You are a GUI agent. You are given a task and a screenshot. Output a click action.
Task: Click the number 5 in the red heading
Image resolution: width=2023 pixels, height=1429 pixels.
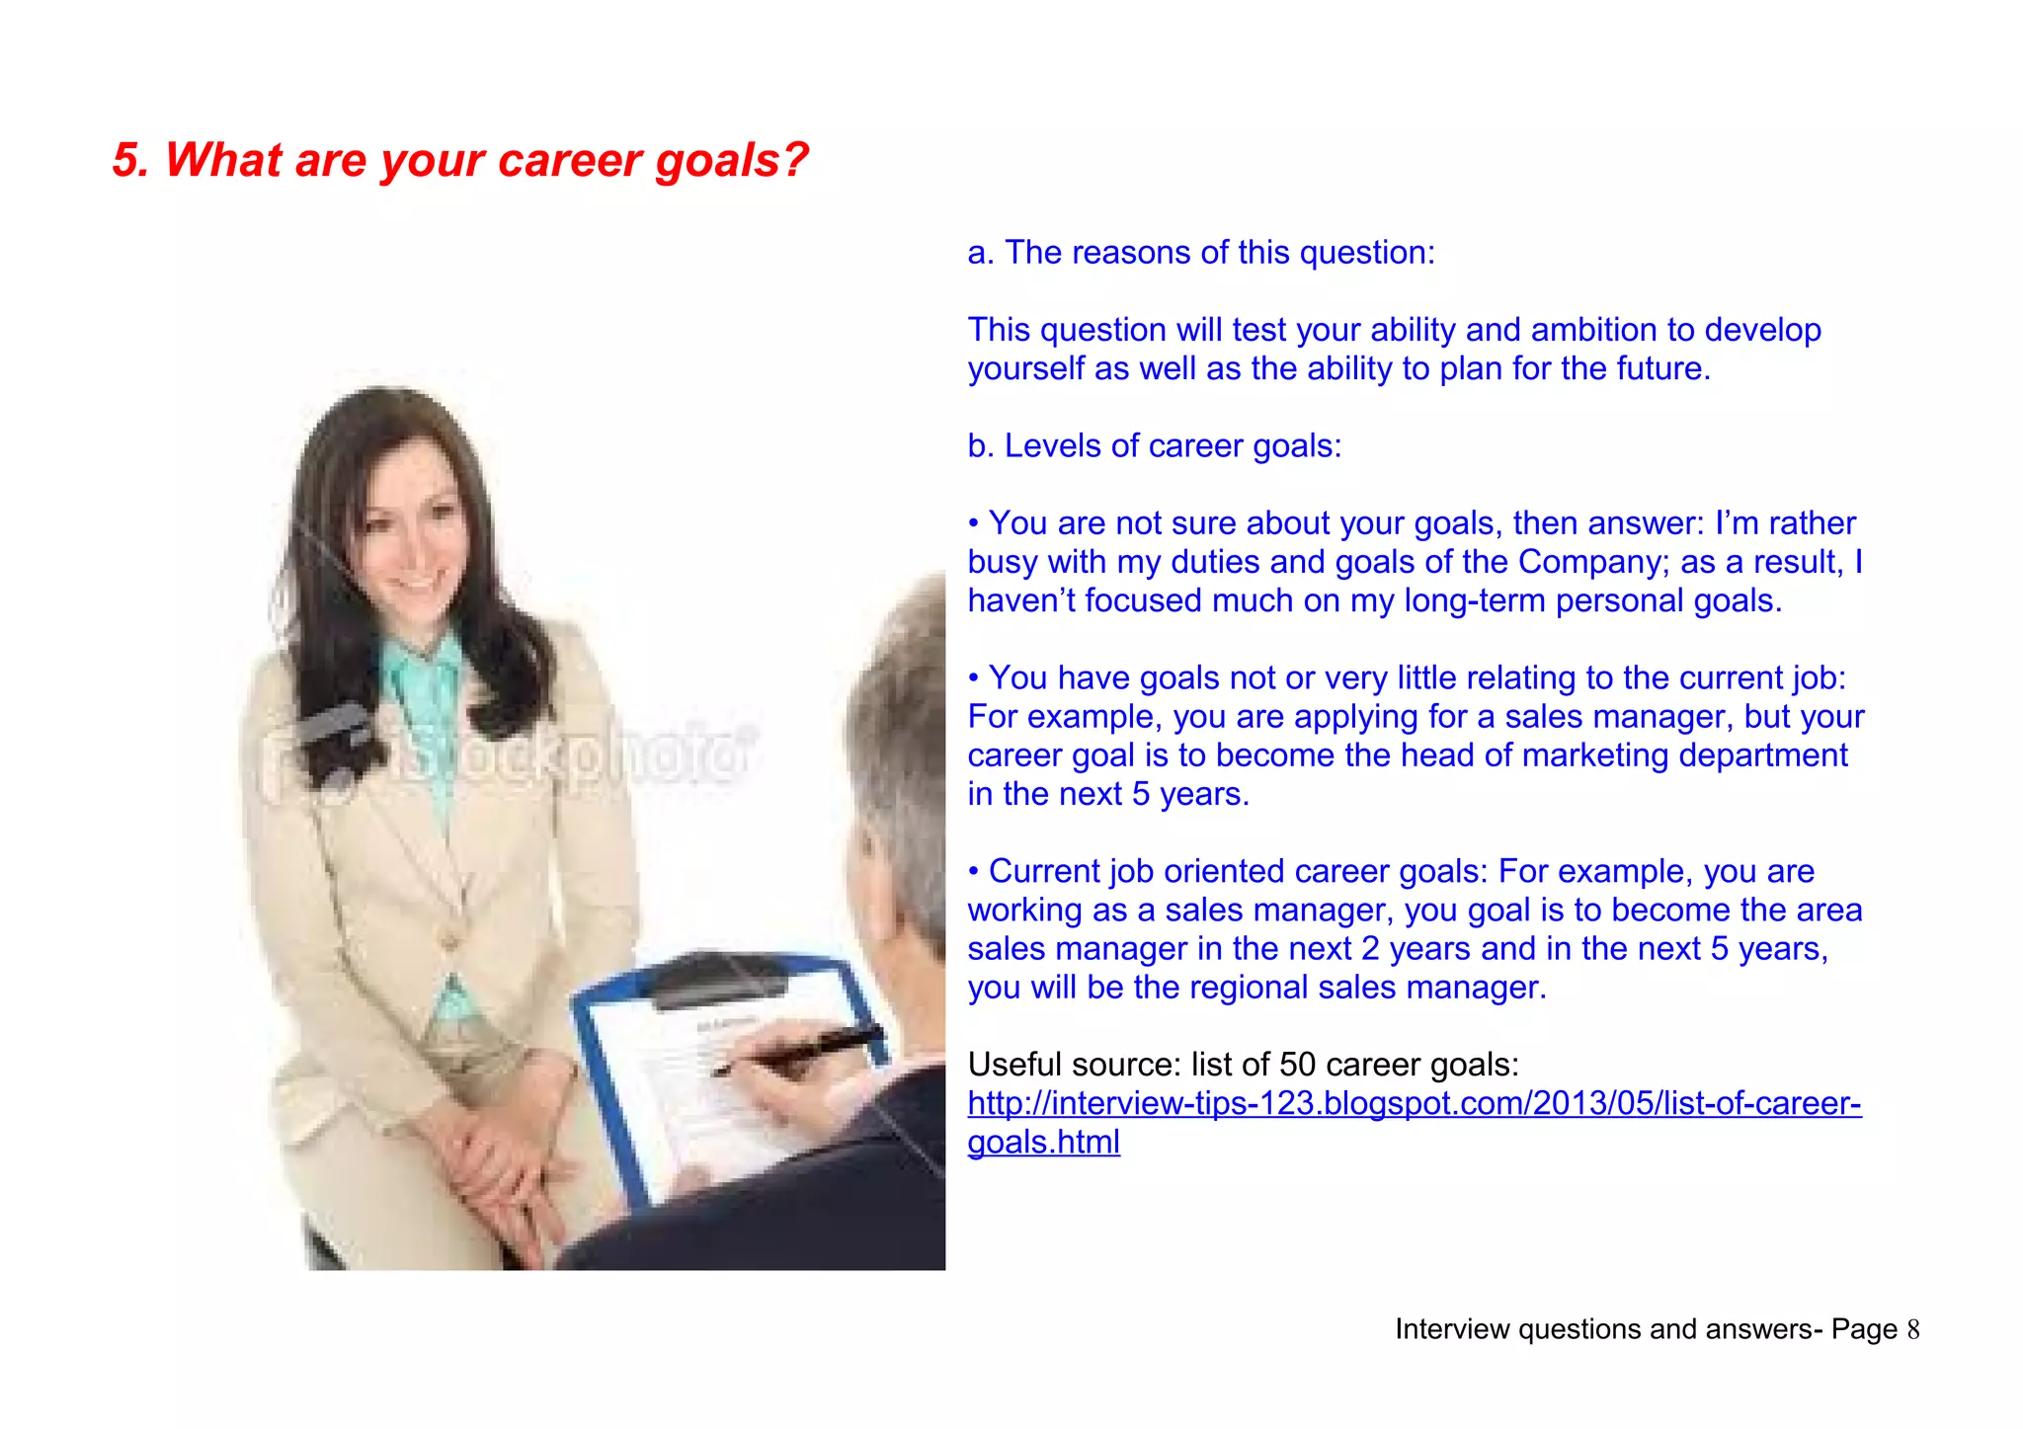click(x=126, y=160)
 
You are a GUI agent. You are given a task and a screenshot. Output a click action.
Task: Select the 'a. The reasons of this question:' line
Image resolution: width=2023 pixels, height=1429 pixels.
click(x=1200, y=253)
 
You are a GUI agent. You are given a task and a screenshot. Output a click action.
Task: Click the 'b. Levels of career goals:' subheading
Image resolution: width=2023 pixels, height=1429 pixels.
click(x=1154, y=446)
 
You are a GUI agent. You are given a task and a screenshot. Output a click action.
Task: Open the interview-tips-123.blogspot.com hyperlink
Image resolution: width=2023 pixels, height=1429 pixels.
click(x=1413, y=1103)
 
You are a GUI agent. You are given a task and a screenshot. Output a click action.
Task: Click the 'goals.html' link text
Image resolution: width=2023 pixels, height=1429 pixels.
click(x=1043, y=1143)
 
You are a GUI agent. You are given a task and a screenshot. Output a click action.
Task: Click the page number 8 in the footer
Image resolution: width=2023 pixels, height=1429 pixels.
click(x=1912, y=1330)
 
